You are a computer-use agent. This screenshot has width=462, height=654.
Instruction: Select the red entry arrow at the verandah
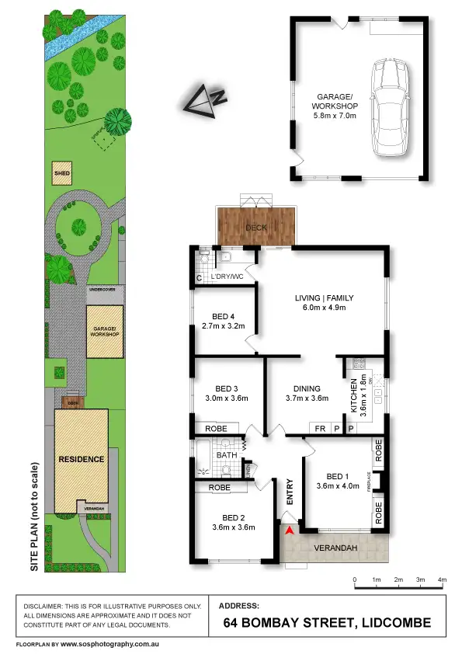coord(290,531)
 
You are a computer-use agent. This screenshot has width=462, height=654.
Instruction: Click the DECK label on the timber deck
coord(255,228)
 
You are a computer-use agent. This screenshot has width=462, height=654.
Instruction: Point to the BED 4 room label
coord(223,317)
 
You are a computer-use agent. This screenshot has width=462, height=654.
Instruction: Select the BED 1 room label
coord(338,476)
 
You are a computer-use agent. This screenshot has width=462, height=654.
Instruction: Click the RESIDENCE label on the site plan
coord(82,459)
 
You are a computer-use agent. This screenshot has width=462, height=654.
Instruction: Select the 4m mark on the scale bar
coord(443,580)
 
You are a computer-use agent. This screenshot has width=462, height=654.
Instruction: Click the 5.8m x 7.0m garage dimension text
coord(334,116)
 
